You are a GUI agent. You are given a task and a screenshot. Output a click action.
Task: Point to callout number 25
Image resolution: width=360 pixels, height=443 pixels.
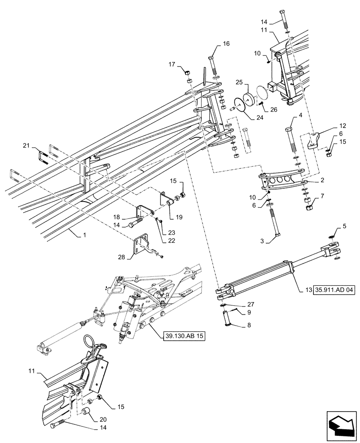(x=239, y=83)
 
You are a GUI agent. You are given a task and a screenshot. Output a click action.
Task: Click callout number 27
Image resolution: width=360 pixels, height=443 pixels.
(x=251, y=304)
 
